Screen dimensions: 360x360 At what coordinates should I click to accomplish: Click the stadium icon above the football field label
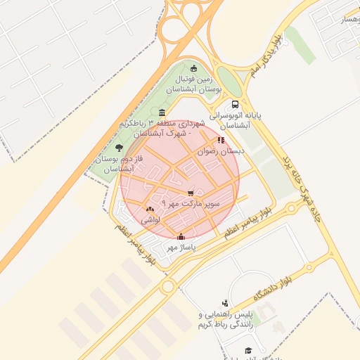click(x=194, y=68)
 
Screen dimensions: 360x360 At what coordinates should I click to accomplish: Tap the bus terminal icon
click(x=234, y=103)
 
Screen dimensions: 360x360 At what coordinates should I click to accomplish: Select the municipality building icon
click(x=162, y=113)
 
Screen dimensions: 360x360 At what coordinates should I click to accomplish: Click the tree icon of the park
click(x=119, y=148)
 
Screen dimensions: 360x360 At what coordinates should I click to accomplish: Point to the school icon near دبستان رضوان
click(x=221, y=139)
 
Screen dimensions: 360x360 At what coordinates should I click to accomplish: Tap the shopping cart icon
click(x=191, y=192)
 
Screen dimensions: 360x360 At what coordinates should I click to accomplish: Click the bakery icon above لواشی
click(x=149, y=209)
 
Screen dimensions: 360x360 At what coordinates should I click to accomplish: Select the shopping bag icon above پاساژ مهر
click(x=181, y=236)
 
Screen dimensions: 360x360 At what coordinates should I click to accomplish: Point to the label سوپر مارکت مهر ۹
click(x=191, y=202)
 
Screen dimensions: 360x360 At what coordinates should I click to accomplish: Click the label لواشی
click(x=150, y=220)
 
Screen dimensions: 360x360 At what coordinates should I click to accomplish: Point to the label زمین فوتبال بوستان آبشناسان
click(x=194, y=85)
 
